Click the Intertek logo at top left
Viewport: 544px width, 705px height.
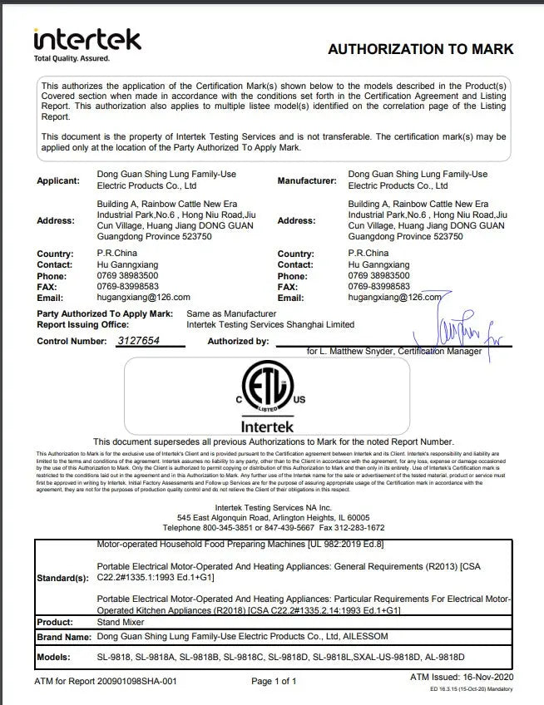87,39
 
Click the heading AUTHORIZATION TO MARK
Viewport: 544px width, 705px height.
420,49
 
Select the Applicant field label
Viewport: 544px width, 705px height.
58,180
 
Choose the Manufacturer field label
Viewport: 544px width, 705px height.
307,180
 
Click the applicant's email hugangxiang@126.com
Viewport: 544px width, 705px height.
144,297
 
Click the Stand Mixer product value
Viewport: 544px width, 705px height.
120,622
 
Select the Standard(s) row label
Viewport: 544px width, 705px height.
62,578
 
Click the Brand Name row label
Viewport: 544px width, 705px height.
63,637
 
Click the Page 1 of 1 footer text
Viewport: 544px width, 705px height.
274,682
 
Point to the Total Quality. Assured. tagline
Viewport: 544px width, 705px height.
72,58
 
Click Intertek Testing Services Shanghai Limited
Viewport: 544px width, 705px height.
270,324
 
